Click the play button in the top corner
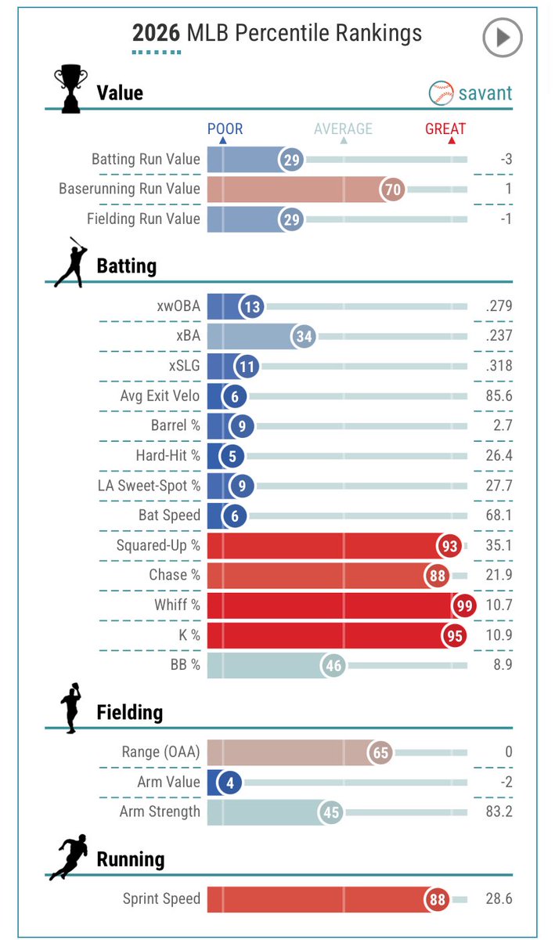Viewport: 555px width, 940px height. [x=502, y=38]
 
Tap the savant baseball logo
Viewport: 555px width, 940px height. [x=441, y=92]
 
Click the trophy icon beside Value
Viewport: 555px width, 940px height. [x=70, y=89]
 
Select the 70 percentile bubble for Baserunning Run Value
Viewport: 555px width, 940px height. [x=393, y=190]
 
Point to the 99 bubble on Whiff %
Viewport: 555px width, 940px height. [x=464, y=605]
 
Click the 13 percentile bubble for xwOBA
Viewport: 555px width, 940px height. [x=252, y=306]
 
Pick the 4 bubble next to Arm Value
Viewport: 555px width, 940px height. [x=229, y=783]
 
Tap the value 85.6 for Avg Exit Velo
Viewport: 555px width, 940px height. [x=499, y=396]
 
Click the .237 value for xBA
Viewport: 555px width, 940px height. [x=499, y=336]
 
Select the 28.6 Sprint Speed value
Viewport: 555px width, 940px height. [x=499, y=898]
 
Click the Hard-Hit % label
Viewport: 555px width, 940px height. [x=168, y=455]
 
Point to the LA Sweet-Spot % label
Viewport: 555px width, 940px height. [x=149, y=486]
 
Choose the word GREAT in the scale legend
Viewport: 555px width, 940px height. [x=445, y=128]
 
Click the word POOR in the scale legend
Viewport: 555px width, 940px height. [x=225, y=128]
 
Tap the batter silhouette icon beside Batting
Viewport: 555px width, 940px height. [x=71, y=262]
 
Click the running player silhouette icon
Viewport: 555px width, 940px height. [x=68, y=857]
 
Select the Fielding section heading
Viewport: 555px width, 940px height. [x=130, y=713]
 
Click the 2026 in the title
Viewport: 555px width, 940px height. [x=156, y=33]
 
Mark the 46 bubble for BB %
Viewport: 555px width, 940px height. [x=333, y=666]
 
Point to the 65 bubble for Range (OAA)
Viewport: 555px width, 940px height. [x=380, y=753]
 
